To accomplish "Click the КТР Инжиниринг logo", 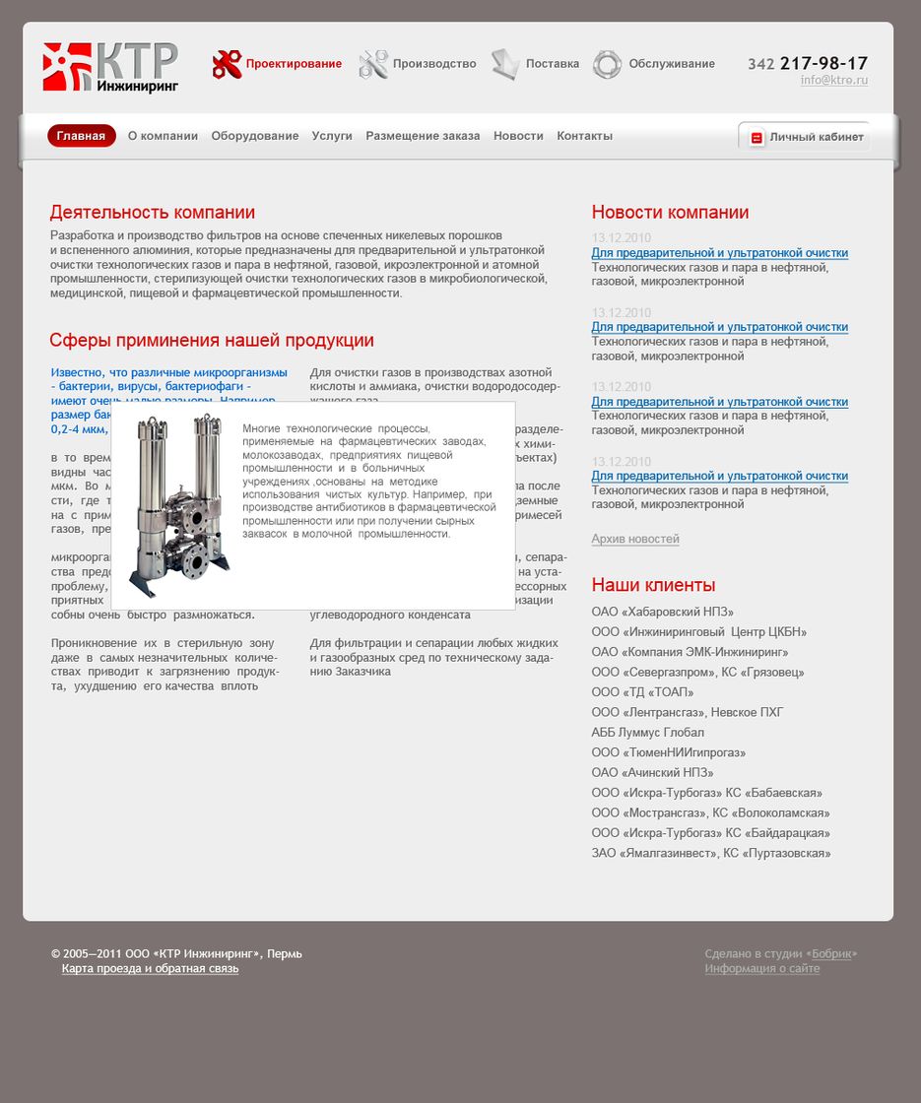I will click(x=110, y=67).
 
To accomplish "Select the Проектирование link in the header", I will click(x=294, y=64).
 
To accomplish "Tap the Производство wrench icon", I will click(x=373, y=64).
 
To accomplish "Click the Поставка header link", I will click(x=552, y=64).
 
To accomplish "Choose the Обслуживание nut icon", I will click(x=607, y=65).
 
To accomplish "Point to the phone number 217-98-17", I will click(x=823, y=64).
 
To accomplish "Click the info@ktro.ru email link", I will click(x=833, y=81).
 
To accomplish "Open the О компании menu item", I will click(x=163, y=136).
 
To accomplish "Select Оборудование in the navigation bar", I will click(x=254, y=136).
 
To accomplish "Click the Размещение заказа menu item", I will click(x=423, y=136).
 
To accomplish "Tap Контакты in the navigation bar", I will click(x=584, y=136).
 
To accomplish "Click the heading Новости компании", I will click(x=670, y=213).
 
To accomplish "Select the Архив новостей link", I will click(x=635, y=539).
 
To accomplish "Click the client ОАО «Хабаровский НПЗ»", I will click(x=662, y=612).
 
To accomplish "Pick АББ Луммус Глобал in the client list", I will click(x=647, y=733).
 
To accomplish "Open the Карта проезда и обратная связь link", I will click(x=150, y=969).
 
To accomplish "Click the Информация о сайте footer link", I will click(x=761, y=969).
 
